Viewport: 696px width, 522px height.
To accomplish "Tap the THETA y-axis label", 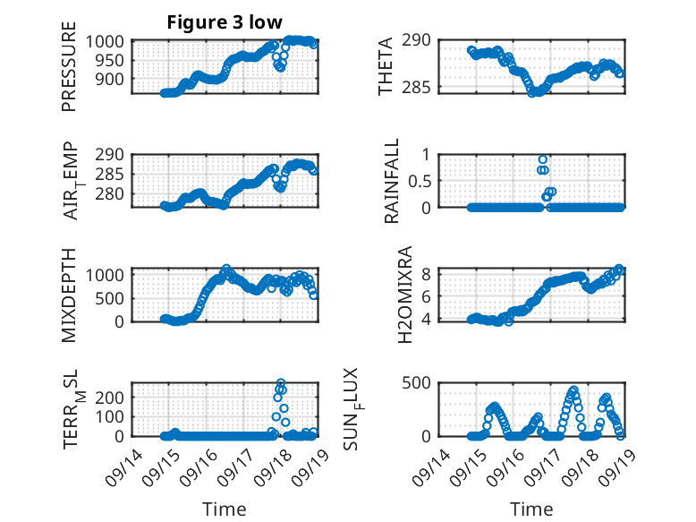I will [x=386, y=67].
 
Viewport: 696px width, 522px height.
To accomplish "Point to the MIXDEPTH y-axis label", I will [x=69, y=295].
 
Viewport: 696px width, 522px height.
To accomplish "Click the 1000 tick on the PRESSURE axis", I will [x=108, y=41].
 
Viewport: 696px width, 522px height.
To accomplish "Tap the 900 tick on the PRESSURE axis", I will [x=113, y=79].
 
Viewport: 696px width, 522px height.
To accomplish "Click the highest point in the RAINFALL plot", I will [x=543, y=159].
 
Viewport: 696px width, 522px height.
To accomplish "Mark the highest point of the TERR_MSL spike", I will [x=281, y=383].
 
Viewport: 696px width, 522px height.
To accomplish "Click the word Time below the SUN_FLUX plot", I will [x=531, y=509].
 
